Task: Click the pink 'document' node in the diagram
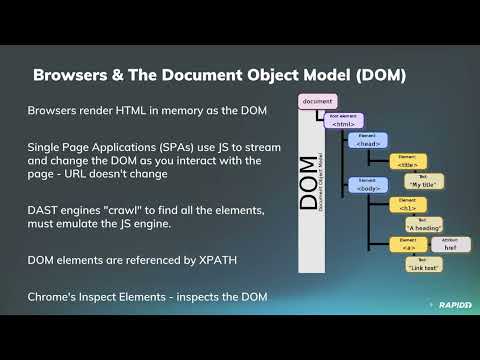point(317,101)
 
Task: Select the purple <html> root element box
point(342,121)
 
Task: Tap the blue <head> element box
point(367,141)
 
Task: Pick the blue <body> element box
point(367,184)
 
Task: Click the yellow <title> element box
point(407,161)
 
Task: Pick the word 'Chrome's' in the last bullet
point(57,298)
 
